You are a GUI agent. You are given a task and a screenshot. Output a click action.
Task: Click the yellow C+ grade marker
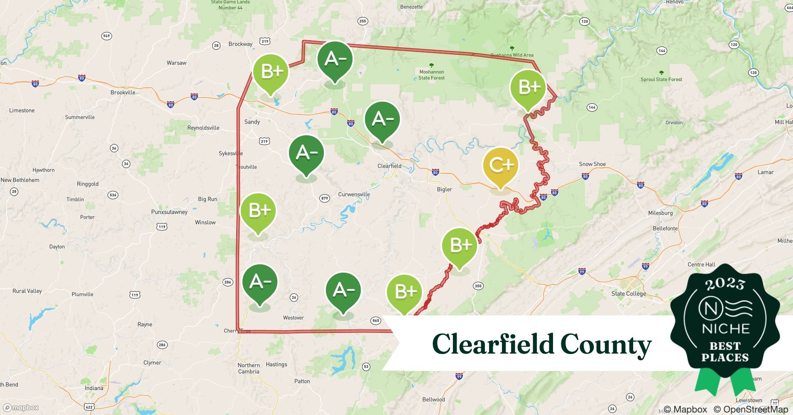(x=501, y=166)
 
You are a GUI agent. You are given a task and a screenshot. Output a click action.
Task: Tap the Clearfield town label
(x=389, y=166)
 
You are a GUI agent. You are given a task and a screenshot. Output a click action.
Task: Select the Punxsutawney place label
(x=169, y=212)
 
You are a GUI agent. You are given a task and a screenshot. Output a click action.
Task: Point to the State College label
(x=629, y=294)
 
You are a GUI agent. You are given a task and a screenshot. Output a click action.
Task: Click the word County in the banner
(x=606, y=344)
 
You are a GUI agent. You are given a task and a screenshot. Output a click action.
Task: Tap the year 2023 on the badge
(x=725, y=284)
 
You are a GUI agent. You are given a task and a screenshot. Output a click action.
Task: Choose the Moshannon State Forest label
(x=431, y=75)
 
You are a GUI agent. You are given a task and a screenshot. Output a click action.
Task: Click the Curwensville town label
(x=354, y=194)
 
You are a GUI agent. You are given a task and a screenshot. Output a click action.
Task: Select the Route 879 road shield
(x=325, y=198)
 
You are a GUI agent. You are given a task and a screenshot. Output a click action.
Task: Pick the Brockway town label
(x=240, y=44)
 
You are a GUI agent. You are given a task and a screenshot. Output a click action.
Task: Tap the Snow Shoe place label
(x=592, y=164)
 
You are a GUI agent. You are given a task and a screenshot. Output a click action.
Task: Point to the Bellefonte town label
(x=665, y=228)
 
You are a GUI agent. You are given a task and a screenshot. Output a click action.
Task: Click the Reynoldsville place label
(x=203, y=128)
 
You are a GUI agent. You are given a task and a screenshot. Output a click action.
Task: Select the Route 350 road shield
(x=478, y=286)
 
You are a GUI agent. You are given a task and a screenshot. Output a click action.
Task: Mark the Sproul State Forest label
(x=661, y=79)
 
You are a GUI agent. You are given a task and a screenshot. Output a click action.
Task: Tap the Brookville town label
(x=123, y=93)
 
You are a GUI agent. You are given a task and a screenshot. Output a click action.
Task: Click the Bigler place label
(x=444, y=189)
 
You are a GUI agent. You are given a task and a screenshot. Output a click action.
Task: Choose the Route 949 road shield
(x=106, y=36)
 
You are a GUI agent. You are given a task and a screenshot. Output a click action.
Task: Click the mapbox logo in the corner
(x=21, y=408)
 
